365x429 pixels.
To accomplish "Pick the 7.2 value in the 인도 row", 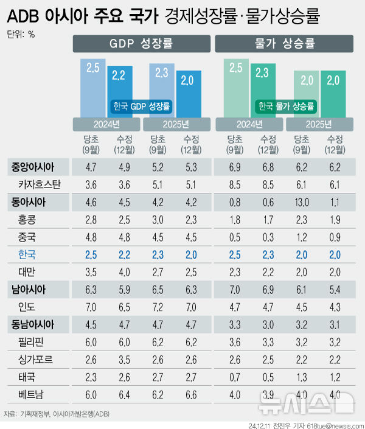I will tap(157, 307).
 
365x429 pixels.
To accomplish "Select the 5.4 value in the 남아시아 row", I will tap(333, 289).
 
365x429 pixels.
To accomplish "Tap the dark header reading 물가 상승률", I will tap(283, 44).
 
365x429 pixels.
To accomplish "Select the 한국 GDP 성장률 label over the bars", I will tap(141, 106).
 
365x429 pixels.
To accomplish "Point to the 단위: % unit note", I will tap(21, 34).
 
